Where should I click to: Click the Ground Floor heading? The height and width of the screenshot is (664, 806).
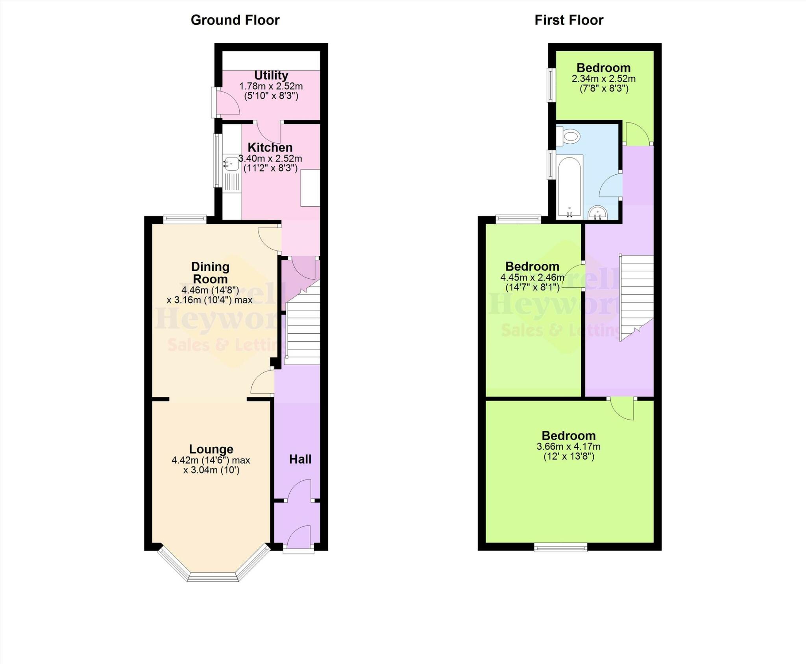(x=235, y=20)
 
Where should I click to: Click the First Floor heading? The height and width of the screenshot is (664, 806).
(x=568, y=20)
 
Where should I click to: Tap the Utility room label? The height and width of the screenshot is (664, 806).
(x=271, y=75)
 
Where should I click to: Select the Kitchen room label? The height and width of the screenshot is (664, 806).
(x=270, y=147)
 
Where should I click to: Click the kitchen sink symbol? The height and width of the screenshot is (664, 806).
(x=231, y=163)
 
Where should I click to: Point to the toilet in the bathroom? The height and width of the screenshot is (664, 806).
(x=570, y=137)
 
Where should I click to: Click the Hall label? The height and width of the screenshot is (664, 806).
(x=300, y=459)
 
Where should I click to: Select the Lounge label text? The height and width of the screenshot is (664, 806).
(x=211, y=449)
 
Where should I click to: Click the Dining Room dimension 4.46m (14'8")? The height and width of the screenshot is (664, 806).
(x=210, y=290)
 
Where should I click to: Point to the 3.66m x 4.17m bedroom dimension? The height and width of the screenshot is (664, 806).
(x=568, y=446)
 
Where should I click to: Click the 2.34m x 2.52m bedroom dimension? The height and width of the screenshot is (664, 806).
(x=603, y=78)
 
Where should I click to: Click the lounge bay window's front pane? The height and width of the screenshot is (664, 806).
(x=213, y=577)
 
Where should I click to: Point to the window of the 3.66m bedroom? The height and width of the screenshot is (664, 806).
(x=560, y=547)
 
